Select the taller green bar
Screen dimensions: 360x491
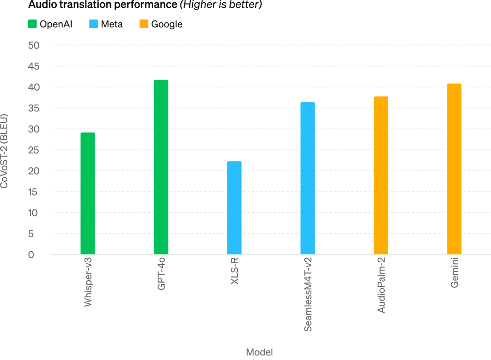161,166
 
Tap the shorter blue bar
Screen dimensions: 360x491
234,207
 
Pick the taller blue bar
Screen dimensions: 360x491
307,177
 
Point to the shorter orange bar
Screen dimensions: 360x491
380,175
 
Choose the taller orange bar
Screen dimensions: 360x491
453,168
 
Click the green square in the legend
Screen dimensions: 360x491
32,25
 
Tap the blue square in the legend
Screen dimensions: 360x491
93,25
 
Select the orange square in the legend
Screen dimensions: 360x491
144,25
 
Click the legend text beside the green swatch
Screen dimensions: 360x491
56,25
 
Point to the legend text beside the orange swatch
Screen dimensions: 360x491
169,25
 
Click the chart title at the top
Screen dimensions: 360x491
144,5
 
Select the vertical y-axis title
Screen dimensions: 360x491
5,150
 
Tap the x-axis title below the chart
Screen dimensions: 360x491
258,351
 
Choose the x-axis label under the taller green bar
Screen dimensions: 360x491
161,274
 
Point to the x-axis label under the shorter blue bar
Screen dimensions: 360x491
234,272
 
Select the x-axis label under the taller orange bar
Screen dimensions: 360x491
453,273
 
